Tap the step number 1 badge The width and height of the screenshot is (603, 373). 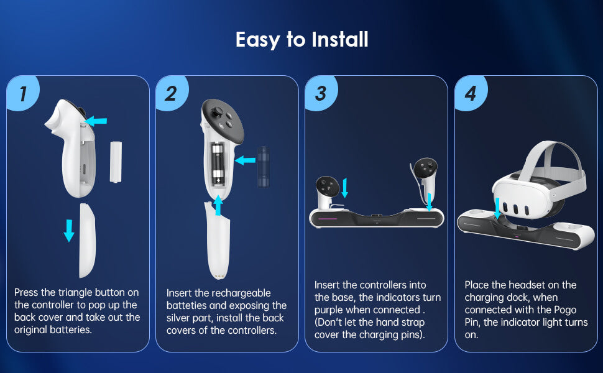click(23, 94)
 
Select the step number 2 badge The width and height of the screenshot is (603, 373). click(171, 94)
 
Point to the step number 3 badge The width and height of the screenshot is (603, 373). click(320, 94)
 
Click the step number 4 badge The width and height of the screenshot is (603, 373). click(470, 94)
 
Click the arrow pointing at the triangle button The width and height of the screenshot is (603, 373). click(96, 121)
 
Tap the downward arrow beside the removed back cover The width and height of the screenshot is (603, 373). click(69, 230)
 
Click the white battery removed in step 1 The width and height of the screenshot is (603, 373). click(115, 162)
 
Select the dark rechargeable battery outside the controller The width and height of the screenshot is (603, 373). click(263, 166)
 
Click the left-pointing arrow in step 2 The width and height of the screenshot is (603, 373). click(245, 160)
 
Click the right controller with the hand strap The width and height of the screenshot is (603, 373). click(425, 174)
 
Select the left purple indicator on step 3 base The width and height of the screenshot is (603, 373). click(336, 219)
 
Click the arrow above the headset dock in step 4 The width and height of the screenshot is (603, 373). click(497, 208)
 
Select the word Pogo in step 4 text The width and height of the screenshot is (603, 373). click(562, 310)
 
